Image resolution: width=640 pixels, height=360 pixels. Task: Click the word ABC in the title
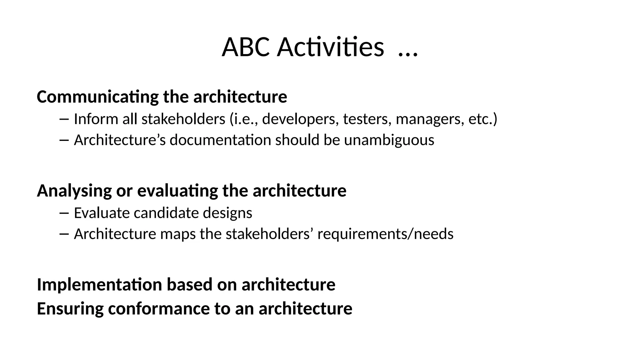pos(245,47)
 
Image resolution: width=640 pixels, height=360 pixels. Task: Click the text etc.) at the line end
pos(483,119)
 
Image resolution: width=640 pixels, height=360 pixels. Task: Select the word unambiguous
pos(389,140)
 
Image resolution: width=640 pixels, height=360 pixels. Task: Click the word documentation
pos(220,140)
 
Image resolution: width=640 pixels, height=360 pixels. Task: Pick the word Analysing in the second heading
pos(74,191)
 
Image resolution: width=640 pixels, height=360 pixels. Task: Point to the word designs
pos(227,213)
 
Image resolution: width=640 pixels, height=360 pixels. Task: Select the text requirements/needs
pos(385,234)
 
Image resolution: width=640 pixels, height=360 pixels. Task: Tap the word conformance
pos(159,309)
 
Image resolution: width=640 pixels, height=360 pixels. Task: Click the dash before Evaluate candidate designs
pos(63,213)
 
